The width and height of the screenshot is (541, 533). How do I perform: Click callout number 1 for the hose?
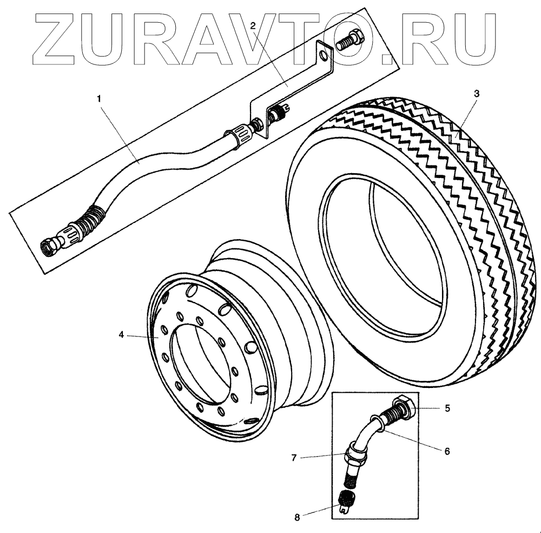point(98,98)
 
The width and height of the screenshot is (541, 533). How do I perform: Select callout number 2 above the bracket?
point(253,25)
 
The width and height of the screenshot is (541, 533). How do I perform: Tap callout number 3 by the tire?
point(476,93)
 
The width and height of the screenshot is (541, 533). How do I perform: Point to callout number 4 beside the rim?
point(122,335)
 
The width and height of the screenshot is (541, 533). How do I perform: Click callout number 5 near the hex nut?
point(447,408)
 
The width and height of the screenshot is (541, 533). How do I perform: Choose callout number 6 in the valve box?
point(447,450)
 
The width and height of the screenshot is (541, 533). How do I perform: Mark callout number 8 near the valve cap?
point(296,517)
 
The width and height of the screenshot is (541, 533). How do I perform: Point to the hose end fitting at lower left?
point(52,248)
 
